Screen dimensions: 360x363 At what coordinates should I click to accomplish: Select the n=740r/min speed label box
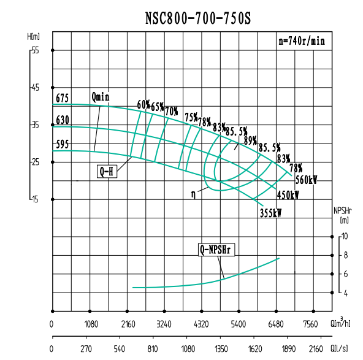coord(300,42)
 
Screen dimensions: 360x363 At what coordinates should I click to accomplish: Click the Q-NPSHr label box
coord(218,250)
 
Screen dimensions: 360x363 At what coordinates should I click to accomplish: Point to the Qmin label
coord(101,97)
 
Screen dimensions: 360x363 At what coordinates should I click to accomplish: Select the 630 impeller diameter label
coord(62,120)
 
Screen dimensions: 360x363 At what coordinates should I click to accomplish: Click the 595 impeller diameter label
coord(62,145)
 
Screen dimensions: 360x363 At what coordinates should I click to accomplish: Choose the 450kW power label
coord(288,196)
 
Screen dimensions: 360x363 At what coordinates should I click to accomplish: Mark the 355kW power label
coord(270,213)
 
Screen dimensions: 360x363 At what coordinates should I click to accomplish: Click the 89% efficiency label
coord(250,140)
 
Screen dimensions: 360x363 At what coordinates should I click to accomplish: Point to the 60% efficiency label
coord(143,105)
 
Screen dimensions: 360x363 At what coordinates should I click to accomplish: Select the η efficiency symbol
coord(194,194)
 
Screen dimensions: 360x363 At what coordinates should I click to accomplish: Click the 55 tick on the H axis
coord(35,50)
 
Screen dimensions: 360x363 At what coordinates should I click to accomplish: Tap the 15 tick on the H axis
coord(35,199)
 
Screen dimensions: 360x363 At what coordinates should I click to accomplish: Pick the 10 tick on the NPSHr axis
coord(345,236)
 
